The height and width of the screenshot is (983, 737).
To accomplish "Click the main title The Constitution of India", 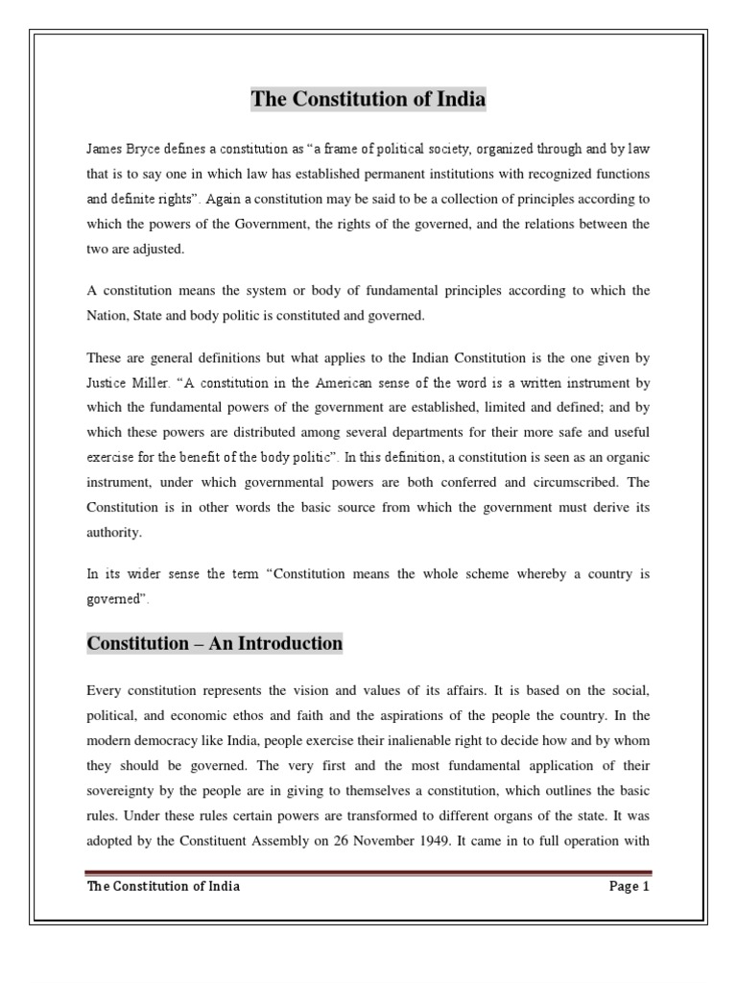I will click(368, 99).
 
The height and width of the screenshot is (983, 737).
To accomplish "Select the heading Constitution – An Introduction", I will click(214, 643).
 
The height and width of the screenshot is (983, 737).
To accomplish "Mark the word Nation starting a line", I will click(107, 316).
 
